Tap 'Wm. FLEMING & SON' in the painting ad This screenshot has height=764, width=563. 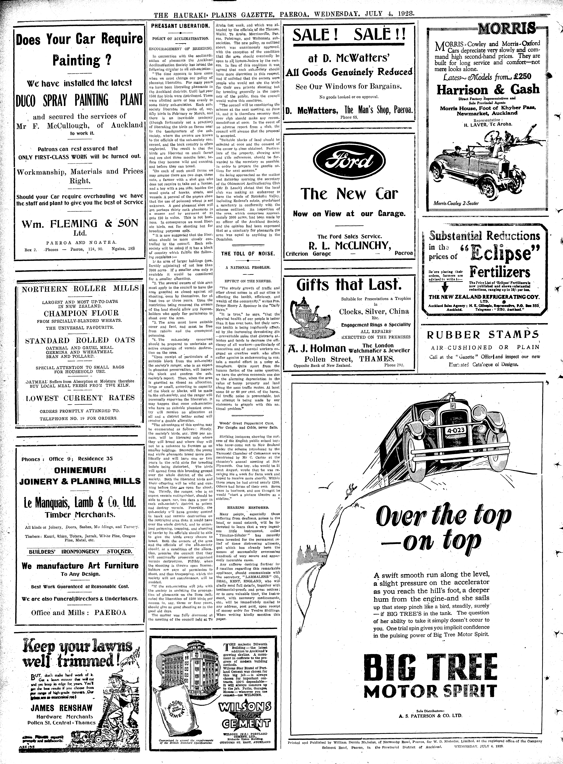tap(80, 224)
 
